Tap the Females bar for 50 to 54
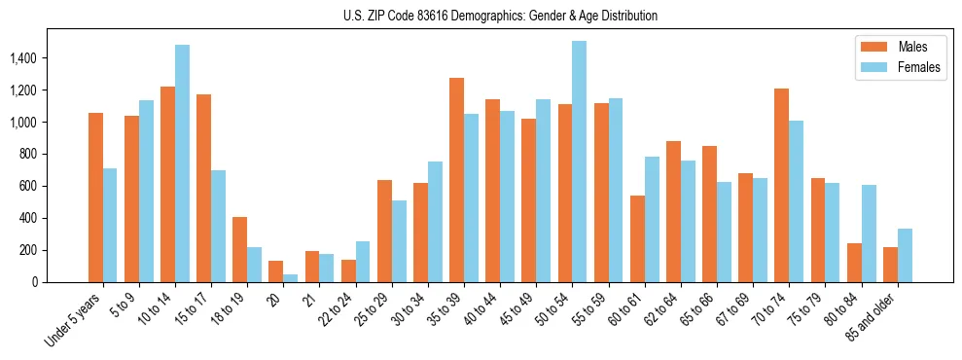point(579,162)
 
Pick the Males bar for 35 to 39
point(456,180)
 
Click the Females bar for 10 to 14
point(182,163)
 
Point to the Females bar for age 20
point(290,278)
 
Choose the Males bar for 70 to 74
point(781,185)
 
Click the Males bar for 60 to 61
point(637,238)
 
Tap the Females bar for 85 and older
point(904,255)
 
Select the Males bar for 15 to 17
point(203,188)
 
